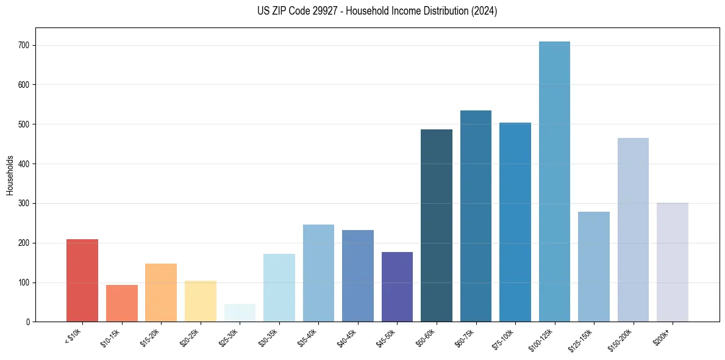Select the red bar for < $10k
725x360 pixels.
82,281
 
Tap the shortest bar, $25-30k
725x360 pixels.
240,313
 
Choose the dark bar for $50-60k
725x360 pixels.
437,226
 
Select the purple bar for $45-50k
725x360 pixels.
397,287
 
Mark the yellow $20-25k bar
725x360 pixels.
201,301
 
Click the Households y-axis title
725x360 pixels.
10,175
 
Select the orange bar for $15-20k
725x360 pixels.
161,293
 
